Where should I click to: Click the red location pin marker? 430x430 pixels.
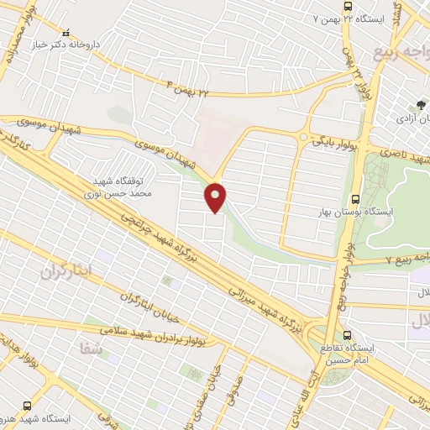(x=216, y=197)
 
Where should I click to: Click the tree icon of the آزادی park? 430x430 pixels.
(x=421, y=106)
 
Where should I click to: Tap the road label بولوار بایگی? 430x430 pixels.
(x=334, y=144)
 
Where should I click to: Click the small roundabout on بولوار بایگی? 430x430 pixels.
(x=303, y=136)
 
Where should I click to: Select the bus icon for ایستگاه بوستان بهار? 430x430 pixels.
(x=355, y=200)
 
